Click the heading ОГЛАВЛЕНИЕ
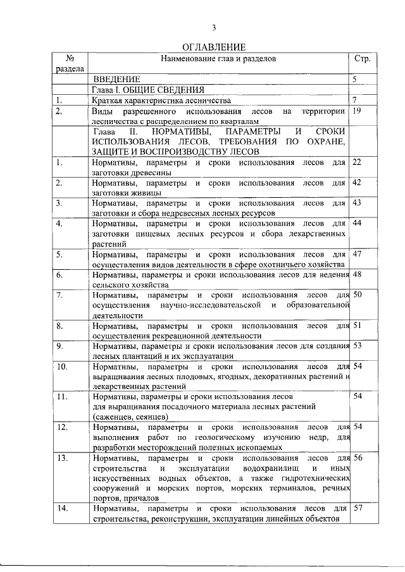(x=214, y=47)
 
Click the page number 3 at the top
(x=214, y=27)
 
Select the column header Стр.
(x=362, y=59)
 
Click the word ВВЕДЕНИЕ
(x=116, y=80)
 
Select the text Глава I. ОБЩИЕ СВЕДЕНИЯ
(x=142, y=90)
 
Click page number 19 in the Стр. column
(x=357, y=111)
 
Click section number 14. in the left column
(x=61, y=509)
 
